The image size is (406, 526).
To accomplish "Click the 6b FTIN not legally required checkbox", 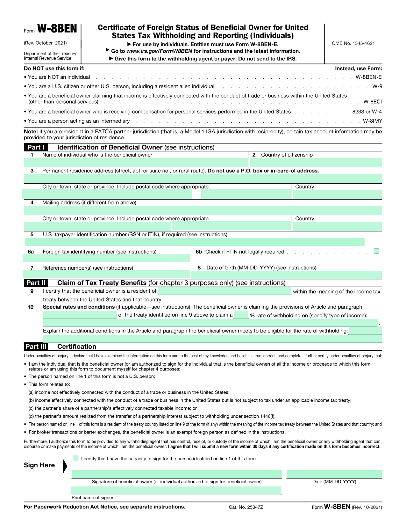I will coord(377,251).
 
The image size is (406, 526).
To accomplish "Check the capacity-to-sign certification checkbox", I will coord(75,458).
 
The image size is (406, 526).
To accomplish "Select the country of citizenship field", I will coord(316,163).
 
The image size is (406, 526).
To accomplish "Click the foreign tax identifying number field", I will coord(107,259).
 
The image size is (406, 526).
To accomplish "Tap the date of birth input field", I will coord(286,274).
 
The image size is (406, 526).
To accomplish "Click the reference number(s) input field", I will coord(107,274).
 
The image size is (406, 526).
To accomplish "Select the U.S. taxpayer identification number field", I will coord(194,242).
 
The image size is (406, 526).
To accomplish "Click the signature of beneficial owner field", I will coord(177,474).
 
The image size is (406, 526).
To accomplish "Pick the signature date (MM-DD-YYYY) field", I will coord(334,474).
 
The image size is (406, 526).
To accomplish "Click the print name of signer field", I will coord(176,490).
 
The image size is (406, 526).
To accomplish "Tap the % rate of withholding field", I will coord(241,315).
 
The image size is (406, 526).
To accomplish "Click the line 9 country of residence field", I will coord(224,291).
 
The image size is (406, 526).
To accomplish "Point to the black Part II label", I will coord(36,283).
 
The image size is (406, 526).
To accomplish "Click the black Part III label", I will coord(36,347).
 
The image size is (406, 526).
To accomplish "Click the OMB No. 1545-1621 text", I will coord(353,43).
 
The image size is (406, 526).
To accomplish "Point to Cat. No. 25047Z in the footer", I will coord(246,507).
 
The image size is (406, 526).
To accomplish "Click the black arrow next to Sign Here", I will coord(65,466).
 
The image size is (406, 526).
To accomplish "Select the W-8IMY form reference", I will coord(372,121).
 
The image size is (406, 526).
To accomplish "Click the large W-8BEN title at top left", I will coord(57,29).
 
